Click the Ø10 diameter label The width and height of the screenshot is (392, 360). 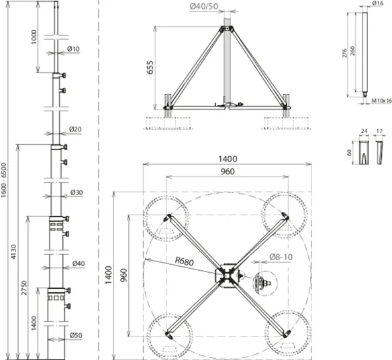(x=73, y=49)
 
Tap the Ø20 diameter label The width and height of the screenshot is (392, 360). (x=75, y=129)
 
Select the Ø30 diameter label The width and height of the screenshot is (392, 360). (x=77, y=192)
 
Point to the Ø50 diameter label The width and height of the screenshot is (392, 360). (x=76, y=335)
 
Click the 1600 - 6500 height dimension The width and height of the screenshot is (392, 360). (x=4, y=180)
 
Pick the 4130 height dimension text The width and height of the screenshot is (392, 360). (x=13, y=251)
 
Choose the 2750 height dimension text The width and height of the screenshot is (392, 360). (x=23, y=288)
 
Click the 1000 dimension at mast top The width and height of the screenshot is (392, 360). (x=34, y=37)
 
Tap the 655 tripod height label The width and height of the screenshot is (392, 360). (x=150, y=68)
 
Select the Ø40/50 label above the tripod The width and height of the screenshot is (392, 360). (x=204, y=6)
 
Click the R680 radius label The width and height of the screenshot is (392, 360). (x=184, y=261)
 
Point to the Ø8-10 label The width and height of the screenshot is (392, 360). (x=281, y=257)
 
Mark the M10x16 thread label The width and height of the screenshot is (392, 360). (x=381, y=101)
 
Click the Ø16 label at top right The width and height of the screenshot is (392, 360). (x=377, y=3)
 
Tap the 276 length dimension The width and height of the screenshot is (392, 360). (x=344, y=53)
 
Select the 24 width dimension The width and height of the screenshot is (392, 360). (x=364, y=131)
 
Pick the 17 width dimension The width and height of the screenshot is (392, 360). (x=379, y=131)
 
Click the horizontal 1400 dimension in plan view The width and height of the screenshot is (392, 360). (x=228, y=159)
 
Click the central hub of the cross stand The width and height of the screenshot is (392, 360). (x=227, y=276)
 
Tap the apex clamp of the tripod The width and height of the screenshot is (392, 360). (x=227, y=29)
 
